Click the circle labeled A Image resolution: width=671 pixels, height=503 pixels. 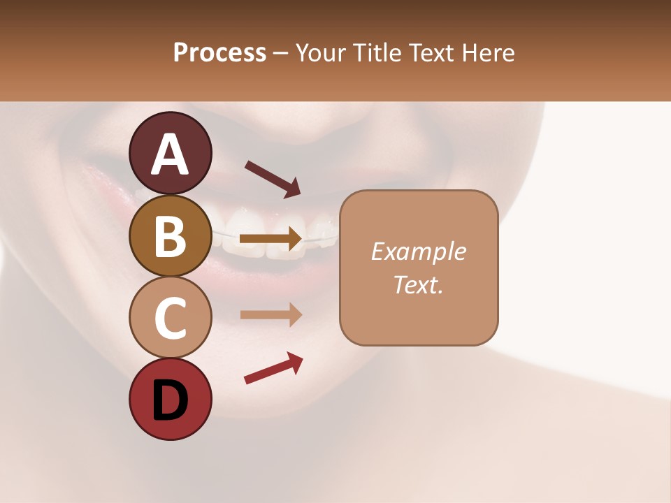[170, 153]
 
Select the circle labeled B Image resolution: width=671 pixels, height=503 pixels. [170, 235]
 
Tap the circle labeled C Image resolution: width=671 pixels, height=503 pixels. [170, 317]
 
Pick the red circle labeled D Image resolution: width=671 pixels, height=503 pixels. [170, 399]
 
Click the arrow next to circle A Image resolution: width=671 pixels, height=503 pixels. [272, 178]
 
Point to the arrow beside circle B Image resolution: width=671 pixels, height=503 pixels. [270, 239]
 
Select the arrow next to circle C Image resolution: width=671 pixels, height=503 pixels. [270, 314]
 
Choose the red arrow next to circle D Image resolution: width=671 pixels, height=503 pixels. [273, 368]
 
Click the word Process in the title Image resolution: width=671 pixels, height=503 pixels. [219, 53]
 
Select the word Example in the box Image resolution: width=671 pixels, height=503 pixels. [418, 251]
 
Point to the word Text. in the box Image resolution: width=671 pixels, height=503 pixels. [418, 284]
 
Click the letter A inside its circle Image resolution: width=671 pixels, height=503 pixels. [170, 154]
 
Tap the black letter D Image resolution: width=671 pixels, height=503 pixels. [170, 401]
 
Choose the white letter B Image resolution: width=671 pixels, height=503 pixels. [170, 236]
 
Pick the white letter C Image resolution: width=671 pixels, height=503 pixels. [170, 318]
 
